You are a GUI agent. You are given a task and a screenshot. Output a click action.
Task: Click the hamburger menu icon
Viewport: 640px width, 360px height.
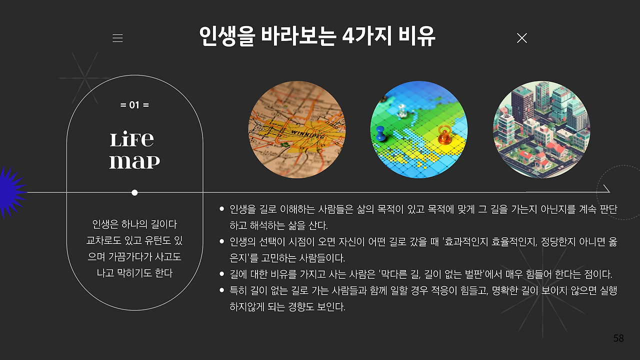(x=117, y=38)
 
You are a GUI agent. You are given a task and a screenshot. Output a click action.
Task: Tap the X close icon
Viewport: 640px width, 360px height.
(x=521, y=38)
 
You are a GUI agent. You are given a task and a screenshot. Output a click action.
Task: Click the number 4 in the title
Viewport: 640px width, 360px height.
(x=348, y=36)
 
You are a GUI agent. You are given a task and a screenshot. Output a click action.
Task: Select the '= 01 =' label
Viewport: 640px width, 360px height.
(x=134, y=105)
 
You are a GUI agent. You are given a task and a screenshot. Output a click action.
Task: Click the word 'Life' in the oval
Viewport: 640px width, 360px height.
(x=131, y=139)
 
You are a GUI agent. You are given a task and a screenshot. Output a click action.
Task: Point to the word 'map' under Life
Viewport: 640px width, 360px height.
(x=134, y=161)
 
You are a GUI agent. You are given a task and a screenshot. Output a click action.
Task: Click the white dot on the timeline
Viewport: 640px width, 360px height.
(x=134, y=193)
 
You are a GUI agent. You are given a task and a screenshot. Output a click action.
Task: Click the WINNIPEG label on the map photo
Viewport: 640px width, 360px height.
(x=307, y=134)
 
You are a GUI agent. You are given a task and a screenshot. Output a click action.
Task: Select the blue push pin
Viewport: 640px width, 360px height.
(x=380, y=133)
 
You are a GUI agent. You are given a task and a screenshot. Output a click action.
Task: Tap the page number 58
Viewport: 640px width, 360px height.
(x=618, y=338)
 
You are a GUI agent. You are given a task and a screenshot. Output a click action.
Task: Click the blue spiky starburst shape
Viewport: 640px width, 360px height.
(x=11, y=192)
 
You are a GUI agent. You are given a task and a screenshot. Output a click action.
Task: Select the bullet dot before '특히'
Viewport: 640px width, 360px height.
(x=221, y=290)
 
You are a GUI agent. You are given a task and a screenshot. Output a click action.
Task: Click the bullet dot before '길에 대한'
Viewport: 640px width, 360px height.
(x=221, y=274)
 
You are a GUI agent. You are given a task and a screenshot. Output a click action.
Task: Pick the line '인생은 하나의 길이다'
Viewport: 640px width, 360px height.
(x=134, y=224)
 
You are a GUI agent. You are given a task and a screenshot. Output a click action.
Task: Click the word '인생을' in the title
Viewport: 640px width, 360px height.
(x=227, y=36)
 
